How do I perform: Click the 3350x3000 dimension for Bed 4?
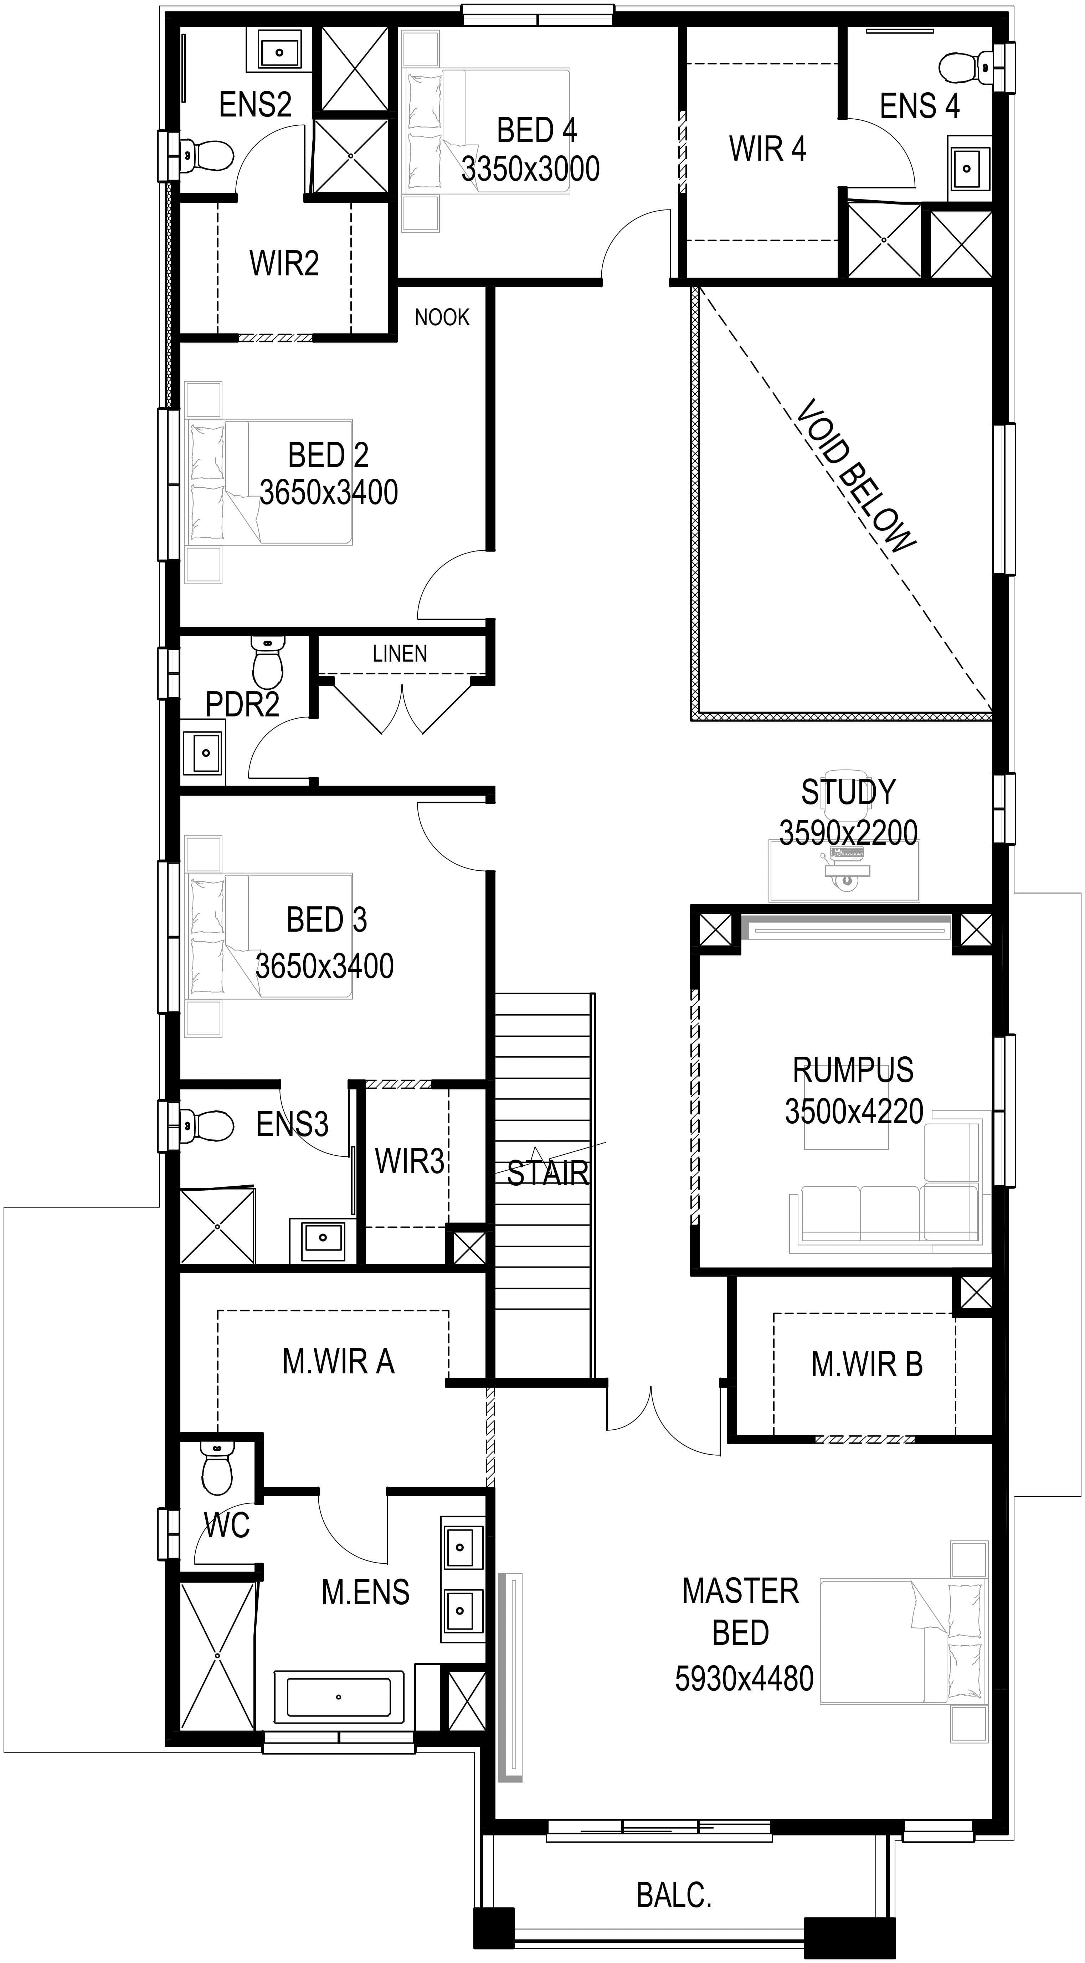pyautogui.click(x=531, y=169)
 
